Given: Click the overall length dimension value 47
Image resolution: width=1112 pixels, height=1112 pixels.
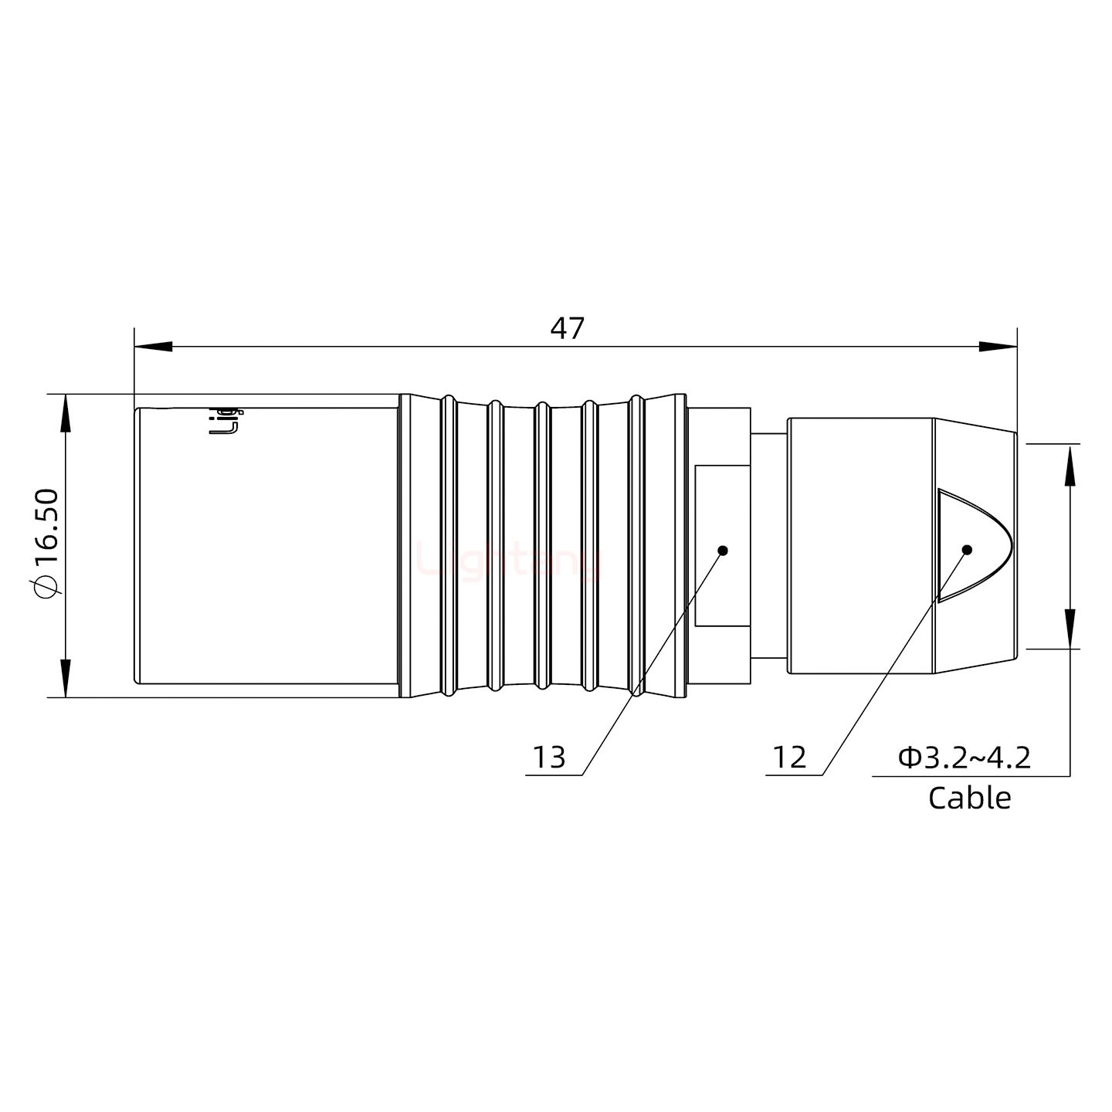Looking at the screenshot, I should (567, 328).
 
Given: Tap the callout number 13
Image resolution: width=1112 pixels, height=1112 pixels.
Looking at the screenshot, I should (549, 758).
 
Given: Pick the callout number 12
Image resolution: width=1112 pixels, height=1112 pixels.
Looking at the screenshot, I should (789, 758).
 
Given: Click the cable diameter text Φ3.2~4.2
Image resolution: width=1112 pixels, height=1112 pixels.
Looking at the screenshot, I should (965, 758).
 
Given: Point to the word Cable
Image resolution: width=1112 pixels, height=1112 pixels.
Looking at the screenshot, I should (969, 798).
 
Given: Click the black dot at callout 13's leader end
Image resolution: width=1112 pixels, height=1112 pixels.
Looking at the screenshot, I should (723, 551).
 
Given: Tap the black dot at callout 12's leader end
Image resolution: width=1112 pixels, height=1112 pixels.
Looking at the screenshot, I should (966, 550).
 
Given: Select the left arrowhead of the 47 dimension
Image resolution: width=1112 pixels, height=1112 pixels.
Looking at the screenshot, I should (153, 347).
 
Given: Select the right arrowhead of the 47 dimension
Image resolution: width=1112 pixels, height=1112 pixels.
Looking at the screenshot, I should (998, 347).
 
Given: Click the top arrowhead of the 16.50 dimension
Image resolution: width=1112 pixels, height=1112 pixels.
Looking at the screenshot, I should (66, 413).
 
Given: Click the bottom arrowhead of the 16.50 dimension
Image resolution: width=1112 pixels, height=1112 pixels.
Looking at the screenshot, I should (66, 678).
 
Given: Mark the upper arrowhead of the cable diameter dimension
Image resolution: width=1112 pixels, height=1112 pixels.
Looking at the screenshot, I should (1070, 464).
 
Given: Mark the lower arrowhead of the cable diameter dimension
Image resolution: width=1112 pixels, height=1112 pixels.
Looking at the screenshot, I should (1070, 629).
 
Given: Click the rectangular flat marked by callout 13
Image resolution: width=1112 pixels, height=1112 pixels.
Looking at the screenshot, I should (722, 545).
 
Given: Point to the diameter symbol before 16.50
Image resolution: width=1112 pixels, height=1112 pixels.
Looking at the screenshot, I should (46, 587).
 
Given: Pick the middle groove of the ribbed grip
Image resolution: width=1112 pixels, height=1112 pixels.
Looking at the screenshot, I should (542, 545).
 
